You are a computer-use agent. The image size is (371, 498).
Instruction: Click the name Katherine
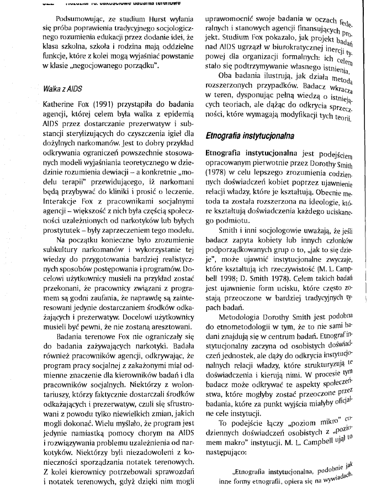pos(45,104)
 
